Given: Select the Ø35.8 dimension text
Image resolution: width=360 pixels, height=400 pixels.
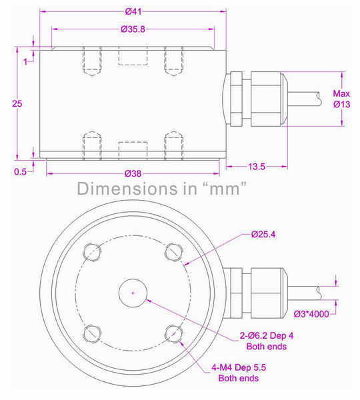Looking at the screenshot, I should [x=134, y=29].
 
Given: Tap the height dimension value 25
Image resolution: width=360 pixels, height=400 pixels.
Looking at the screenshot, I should [x=18, y=103].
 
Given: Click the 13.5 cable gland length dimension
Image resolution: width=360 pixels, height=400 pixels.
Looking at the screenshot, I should [x=258, y=166].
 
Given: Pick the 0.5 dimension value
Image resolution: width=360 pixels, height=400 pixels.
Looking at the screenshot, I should [x=20, y=171].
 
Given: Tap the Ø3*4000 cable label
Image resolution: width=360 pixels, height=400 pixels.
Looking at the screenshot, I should [x=317, y=313].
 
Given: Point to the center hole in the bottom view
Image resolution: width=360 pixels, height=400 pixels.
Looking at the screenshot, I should [x=133, y=293].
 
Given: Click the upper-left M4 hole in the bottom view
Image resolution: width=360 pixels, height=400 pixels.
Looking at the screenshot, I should [x=93, y=251].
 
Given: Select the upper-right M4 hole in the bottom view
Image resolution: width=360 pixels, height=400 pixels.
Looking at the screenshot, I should [x=175, y=251].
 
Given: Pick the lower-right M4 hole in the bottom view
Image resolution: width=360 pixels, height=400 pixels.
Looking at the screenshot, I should [x=175, y=333].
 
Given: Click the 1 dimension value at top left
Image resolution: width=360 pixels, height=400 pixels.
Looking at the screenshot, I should [x=25, y=61].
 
